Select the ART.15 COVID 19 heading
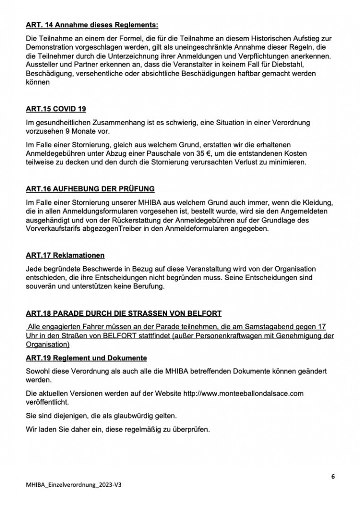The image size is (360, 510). coord(56,109)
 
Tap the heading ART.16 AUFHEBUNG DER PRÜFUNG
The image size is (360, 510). coord(90,189)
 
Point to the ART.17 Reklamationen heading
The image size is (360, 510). coord(65,255)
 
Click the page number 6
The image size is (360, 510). coord(333,476)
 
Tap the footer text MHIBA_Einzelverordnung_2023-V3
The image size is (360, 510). coord(76,485)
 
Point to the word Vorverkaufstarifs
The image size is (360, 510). coord(58,229)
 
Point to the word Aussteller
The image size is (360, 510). coord(43,65)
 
